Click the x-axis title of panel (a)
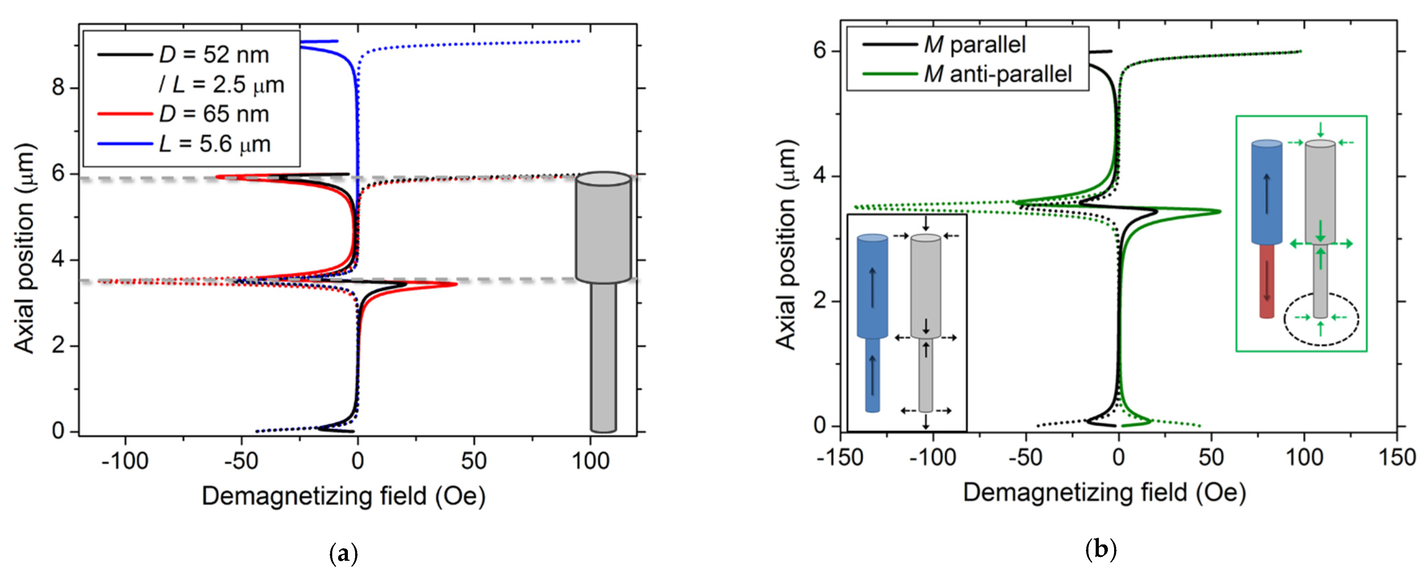(343, 495)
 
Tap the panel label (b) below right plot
(1101, 549)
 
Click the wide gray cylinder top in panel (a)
(603, 178)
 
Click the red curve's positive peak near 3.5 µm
(456, 285)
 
